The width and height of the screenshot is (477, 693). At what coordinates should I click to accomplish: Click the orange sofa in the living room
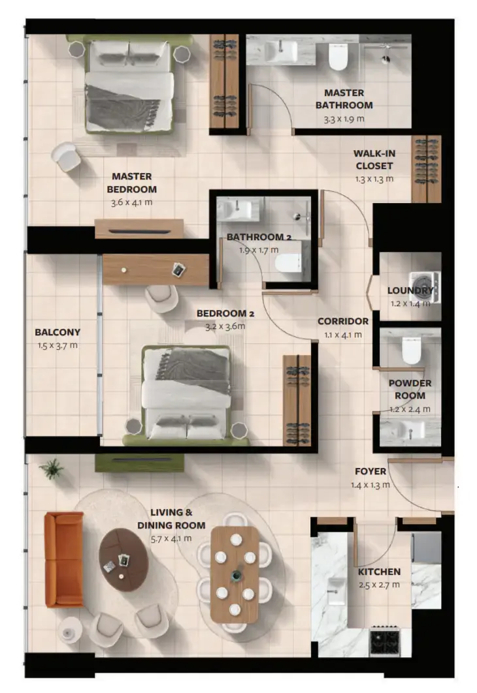click(x=64, y=559)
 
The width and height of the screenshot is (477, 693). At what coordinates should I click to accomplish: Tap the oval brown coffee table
click(x=123, y=559)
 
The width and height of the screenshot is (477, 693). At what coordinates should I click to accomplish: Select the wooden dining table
click(x=235, y=574)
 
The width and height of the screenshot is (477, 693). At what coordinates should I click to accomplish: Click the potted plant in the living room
click(x=52, y=469)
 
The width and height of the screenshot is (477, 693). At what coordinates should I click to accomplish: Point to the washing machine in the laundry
click(x=424, y=286)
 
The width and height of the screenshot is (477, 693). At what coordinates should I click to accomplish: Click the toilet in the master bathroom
click(x=338, y=57)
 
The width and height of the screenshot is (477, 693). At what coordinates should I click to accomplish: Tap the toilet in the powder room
click(x=411, y=350)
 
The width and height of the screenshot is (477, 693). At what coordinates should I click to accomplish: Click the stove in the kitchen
click(x=384, y=640)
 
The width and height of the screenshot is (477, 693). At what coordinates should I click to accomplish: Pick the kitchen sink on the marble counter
click(x=337, y=591)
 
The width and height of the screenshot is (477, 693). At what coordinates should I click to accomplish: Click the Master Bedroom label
click(x=132, y=183)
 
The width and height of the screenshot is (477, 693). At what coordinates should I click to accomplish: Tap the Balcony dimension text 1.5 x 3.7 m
click(x=58, y=346)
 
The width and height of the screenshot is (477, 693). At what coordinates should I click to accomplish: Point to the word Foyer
click(x=370, y=471)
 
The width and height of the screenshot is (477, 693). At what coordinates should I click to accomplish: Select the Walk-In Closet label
click(x=374, y=160)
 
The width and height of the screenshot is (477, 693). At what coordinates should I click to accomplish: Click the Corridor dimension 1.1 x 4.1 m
click(x=343, y=335)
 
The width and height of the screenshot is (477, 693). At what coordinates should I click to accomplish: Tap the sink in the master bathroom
click(x=281, y=52)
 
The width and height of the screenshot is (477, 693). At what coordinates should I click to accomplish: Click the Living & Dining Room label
click(x=171, y=519)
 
